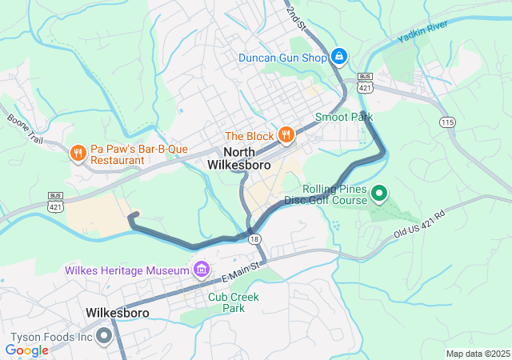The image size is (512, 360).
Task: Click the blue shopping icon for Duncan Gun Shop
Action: pos(339,57)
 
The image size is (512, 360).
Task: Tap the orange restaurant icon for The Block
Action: pos(285,134)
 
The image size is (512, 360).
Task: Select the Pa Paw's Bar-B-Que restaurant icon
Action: pos(78,153)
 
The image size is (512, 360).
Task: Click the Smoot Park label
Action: pos(344,117)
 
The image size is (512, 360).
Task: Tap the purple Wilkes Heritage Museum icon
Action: pos(198,267)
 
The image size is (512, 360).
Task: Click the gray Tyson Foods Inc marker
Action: pos(104,337)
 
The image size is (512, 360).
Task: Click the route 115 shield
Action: pos(447,121)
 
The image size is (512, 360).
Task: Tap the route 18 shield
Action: pos(254,239)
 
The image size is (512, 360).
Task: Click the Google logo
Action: pos(27,350)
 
